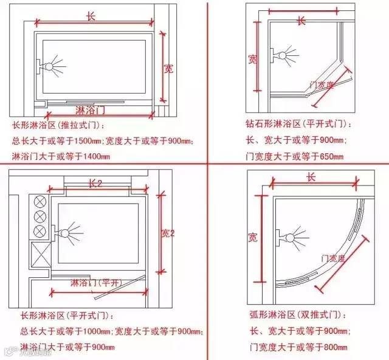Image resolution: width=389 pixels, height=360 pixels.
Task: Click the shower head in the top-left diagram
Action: (x=51, y=63)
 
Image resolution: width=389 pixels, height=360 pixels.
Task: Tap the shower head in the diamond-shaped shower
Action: (x=284, y=55)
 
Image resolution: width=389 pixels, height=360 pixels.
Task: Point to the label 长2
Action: (x=95, y=183)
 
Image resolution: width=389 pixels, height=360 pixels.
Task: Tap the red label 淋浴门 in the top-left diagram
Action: (x=91, y=111)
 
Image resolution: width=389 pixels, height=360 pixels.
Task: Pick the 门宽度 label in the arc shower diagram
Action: (x=333, y=258)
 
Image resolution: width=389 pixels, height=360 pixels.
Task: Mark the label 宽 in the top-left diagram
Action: (x=168, y=68)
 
